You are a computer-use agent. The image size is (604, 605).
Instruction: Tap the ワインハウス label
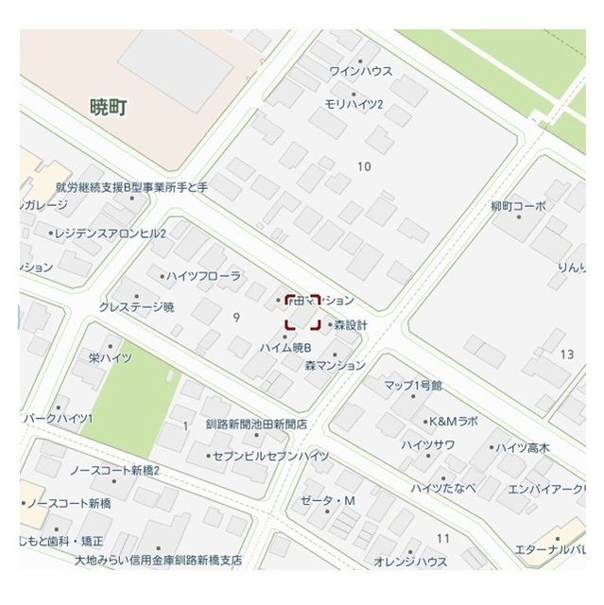tap(360, 71)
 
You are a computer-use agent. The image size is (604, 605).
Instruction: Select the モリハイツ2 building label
tap(353, 103)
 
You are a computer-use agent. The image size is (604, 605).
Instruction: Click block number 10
tap(364, 167)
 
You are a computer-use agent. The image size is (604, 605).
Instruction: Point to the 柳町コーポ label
tap(518, 206)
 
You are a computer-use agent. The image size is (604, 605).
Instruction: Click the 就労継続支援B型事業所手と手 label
tap(131, 187)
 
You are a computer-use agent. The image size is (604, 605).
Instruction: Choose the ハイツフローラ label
tap(203, 276)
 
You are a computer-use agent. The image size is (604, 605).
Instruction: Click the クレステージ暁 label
tap(137, 306)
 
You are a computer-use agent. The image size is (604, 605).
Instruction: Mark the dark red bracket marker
tap(302, 311)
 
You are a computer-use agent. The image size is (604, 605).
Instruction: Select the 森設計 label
tap(350, 325)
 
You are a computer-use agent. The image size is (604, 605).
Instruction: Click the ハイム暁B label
tap(285, 347)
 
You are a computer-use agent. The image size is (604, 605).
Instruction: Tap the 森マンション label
tap(335, 365)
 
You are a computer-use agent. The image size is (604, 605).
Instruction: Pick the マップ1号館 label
tap(413, 386)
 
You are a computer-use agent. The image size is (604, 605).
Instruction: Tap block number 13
tap(567, 354)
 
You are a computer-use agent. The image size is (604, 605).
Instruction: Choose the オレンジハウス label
tap(410, 562)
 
